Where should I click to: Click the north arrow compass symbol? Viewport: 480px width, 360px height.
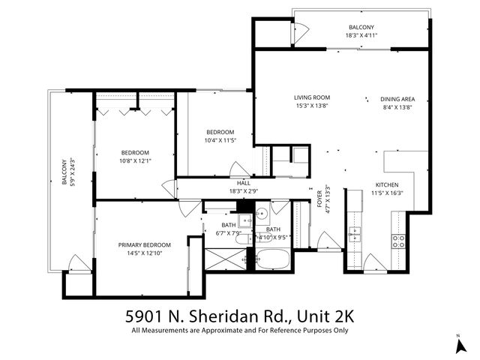tap(459, 344)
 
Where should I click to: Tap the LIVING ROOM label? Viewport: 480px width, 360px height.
tap(311, 98)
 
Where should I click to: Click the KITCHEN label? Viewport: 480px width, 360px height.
tap(387, 185)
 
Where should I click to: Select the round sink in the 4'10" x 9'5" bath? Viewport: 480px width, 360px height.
tap(262, 214)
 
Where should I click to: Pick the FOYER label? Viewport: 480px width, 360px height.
tap(319, 198)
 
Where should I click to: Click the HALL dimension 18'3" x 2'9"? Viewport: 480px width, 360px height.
tap(244, 191)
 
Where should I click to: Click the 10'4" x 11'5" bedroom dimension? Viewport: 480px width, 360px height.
tap(221, 139)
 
